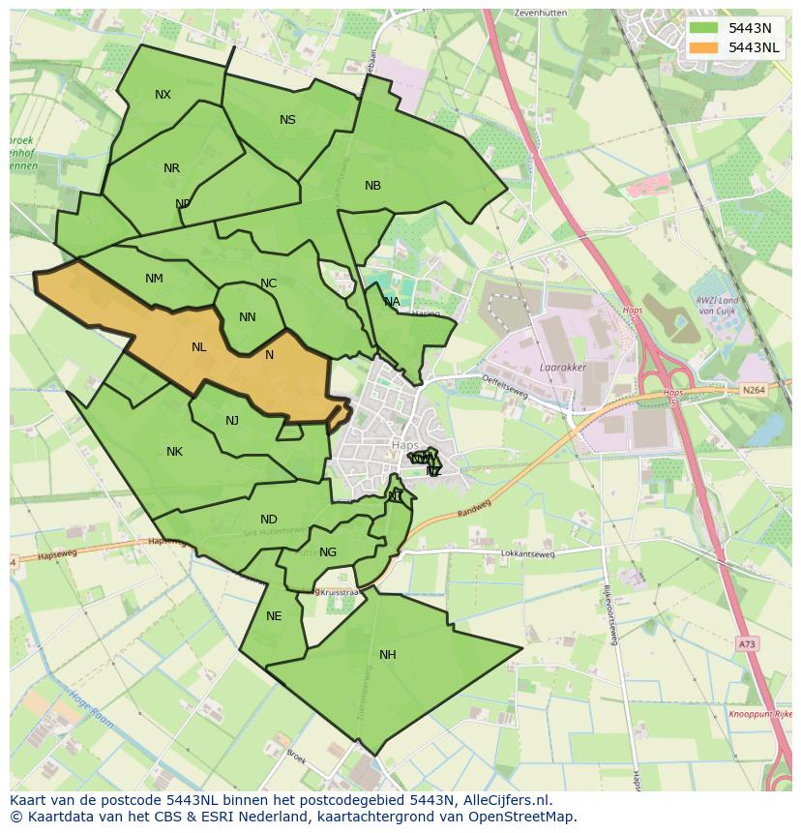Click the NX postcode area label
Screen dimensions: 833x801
pyautogui.click(x=163, y=95)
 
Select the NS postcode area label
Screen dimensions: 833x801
pyautogui.click(x=287, y=120)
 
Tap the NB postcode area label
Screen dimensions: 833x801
pyautogui.click(x=372, y=186)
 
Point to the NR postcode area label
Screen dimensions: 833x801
pyautogui.click(x=171, y=168)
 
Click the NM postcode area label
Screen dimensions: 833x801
pyautogui.click(x=154, y=279)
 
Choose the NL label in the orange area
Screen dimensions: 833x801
pyautogui.click(x=198, y=347)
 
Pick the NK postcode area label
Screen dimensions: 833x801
pyautogui.click(x=174, y=452)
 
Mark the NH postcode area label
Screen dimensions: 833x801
pyautogui.click(x=387, y=655)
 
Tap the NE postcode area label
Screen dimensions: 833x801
pyautogui.click(x=274, y=616)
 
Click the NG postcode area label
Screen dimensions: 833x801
pyautogui.click(x=328, y=552)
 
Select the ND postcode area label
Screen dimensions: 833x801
pyautogui.click(x=268, y=520)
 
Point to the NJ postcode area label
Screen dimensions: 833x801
pyautogui.click(x=232, y=421)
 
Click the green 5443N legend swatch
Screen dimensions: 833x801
pyautogui.click(x=704, y=28)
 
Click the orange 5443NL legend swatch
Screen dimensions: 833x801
pyautogui.click(x=704, y=47)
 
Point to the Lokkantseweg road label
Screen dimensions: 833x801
pyautogui.click(x=527, y=554)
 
